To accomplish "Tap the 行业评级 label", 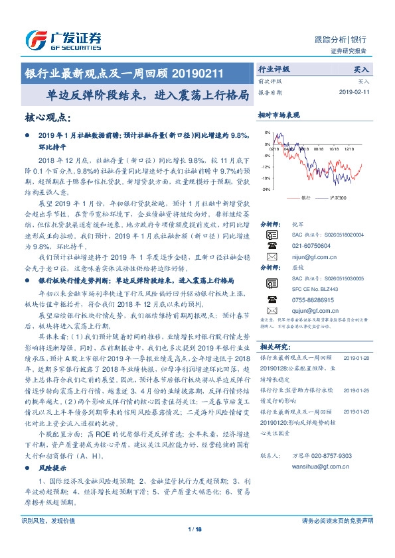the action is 274,69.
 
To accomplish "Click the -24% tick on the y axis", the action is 267,190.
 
